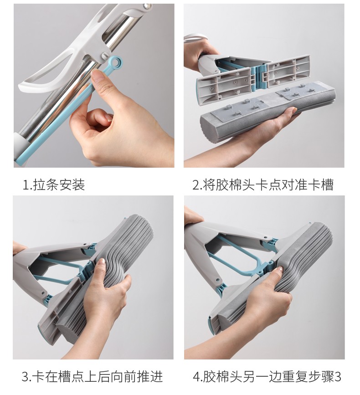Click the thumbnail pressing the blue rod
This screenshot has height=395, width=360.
coord(95,74)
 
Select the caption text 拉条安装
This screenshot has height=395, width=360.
coord(59,185)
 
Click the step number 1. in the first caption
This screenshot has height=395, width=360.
coord(27,185)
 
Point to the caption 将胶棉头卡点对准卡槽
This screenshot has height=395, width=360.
coord(268,185)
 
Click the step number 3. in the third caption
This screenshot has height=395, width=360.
coord(26,377)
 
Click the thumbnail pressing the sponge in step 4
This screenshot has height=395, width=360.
coord(279,269)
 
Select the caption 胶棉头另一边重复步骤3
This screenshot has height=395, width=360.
coord(272,377)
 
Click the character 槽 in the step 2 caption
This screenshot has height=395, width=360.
coord(328,185)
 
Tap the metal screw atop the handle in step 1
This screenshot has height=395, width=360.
coord(147,6)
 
